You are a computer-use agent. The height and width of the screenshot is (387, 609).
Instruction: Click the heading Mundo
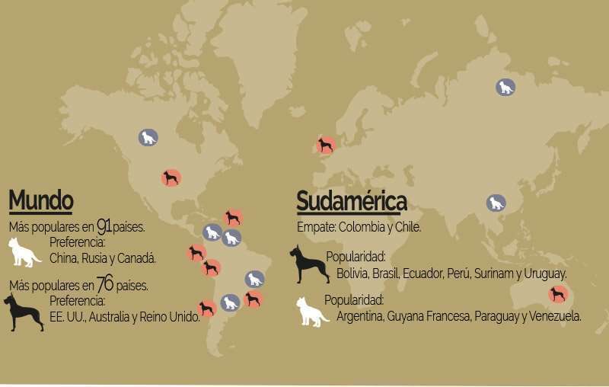pyautogui.click(x=41, y=201)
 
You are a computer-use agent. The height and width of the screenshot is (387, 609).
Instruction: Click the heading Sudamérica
pyautogui.click(x=351, y=202)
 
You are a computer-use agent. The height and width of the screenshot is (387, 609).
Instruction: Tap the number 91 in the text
pyautogui.click(x=105, y=225)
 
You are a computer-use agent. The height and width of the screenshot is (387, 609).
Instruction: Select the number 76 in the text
pyautogui.click(x=105, y=285)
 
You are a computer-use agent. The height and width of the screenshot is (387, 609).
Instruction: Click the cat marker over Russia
pyautogui.click(x=505, y=87)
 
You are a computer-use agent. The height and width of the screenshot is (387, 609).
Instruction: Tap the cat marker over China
pyautogui.click(x=496, y=203)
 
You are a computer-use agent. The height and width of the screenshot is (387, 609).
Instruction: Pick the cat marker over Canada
pyautogui.click(x=148, y=138)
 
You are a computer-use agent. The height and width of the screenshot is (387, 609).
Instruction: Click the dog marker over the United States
pyautogui.click(x=171, y=178)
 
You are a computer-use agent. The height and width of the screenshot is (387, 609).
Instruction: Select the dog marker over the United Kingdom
pyautogui.click(x=326, y=146)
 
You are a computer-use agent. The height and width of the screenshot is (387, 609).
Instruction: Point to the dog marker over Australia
pyautogui.click(x=558, y=294)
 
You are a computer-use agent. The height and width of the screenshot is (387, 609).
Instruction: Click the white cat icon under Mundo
pyautogui.click(x=24, y=252)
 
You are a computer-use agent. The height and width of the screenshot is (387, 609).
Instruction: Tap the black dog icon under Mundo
pyautogui.click(x=22, y=312)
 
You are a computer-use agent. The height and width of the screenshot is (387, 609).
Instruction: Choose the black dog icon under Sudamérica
pyautogui.click(x=308, y=264)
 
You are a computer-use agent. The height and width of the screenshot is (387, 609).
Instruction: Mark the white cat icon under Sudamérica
pyautogui.click(x=312, y=312)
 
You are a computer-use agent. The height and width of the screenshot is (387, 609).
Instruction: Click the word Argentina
pyautogui.click(x=361, y=316)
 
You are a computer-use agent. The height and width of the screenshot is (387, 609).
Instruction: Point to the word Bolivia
pyautogui.click(x=351, y=273)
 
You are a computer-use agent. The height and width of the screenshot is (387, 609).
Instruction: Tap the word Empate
pyautogui.click(x=315, y=227)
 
